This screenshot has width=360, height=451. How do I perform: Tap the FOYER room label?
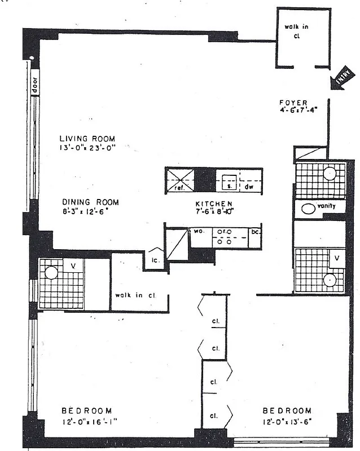click(293, 103)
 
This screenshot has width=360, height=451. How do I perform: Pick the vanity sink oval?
click(308, 208)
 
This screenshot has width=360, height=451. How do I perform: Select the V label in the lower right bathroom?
click(337, 258)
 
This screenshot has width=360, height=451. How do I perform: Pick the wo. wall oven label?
click(199, 231)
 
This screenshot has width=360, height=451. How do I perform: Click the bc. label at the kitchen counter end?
click(255, 232)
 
